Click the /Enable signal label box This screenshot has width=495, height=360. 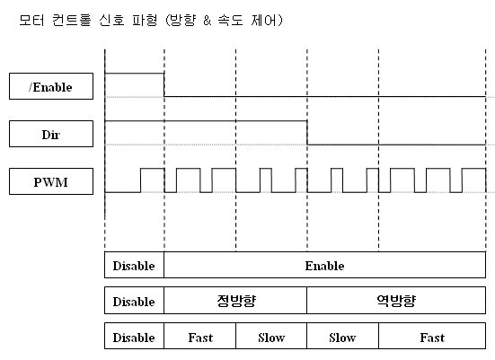51,86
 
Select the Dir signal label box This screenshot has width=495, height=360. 51,134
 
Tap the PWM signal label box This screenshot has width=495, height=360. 51,181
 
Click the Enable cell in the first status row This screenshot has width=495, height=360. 325,265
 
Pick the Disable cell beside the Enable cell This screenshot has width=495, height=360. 134,265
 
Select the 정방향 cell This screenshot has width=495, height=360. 235,301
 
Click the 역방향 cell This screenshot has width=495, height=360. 396,301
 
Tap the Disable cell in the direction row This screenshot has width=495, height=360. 134,301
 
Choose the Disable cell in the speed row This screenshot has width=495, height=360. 134,336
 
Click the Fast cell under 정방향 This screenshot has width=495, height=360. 199,336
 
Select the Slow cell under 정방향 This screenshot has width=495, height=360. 271,336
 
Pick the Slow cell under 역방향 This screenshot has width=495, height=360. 342,336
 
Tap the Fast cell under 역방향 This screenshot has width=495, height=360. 432,336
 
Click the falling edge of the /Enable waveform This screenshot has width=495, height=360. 164,85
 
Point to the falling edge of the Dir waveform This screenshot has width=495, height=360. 307,133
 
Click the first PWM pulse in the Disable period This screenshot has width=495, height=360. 152,180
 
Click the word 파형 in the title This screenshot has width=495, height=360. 145,20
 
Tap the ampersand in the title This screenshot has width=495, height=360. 208,21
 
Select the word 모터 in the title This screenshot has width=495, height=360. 31,20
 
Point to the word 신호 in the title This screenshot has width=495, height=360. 111,20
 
